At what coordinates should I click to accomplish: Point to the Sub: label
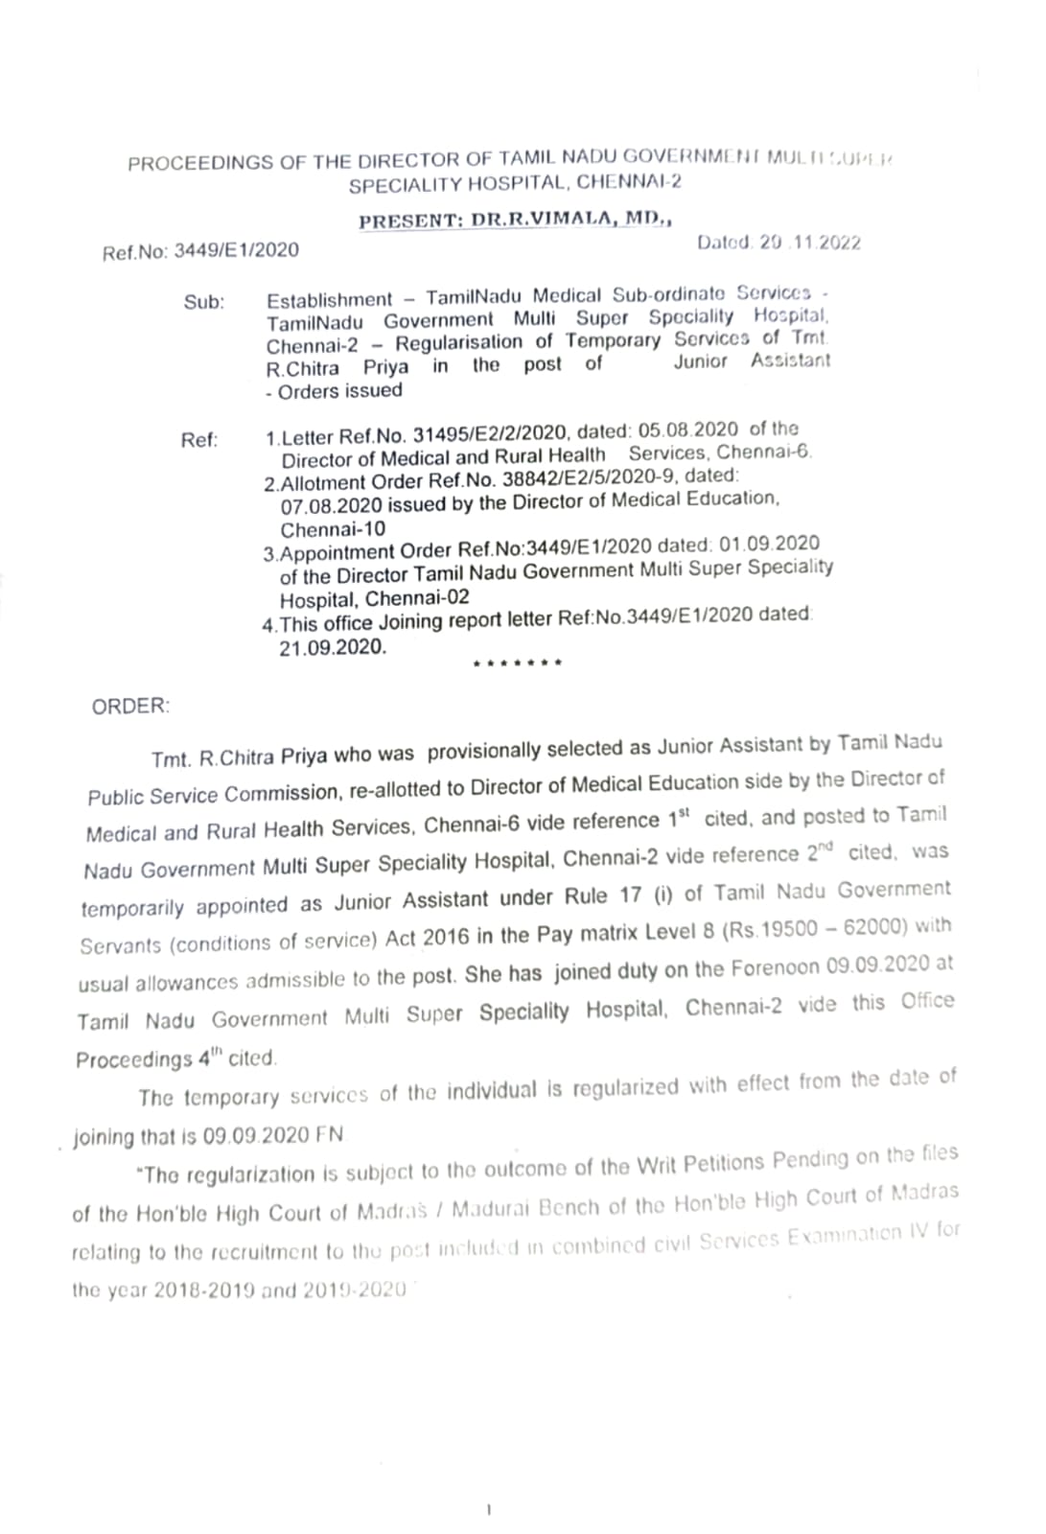pos(203,303)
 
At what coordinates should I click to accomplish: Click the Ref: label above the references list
pos(199,440)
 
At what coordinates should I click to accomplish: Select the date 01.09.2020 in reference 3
pos(769,545)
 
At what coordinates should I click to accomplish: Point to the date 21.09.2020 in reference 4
pos(333,647)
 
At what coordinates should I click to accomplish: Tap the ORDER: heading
pos(130,707)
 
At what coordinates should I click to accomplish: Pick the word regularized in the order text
pos(623,1088)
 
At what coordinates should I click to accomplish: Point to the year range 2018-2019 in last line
pos(203,1290)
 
